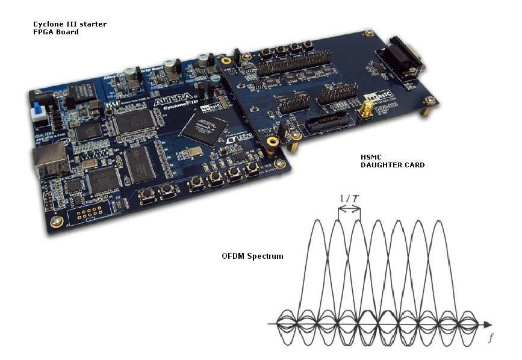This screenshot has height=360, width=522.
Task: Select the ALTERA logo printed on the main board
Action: click(x=175, y=103)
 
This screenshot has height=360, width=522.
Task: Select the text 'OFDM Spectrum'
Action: click(x=252, y=256)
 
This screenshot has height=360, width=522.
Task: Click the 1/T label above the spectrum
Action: click(x=349, y=199)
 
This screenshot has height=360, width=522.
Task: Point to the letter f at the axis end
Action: click(x=490, y=339)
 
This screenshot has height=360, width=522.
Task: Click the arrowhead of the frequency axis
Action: click(x=486, y=324)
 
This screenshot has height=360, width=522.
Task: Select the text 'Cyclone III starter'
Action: click(x=69, y=24)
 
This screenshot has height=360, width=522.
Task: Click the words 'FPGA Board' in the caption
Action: click(x=55, y=32)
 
